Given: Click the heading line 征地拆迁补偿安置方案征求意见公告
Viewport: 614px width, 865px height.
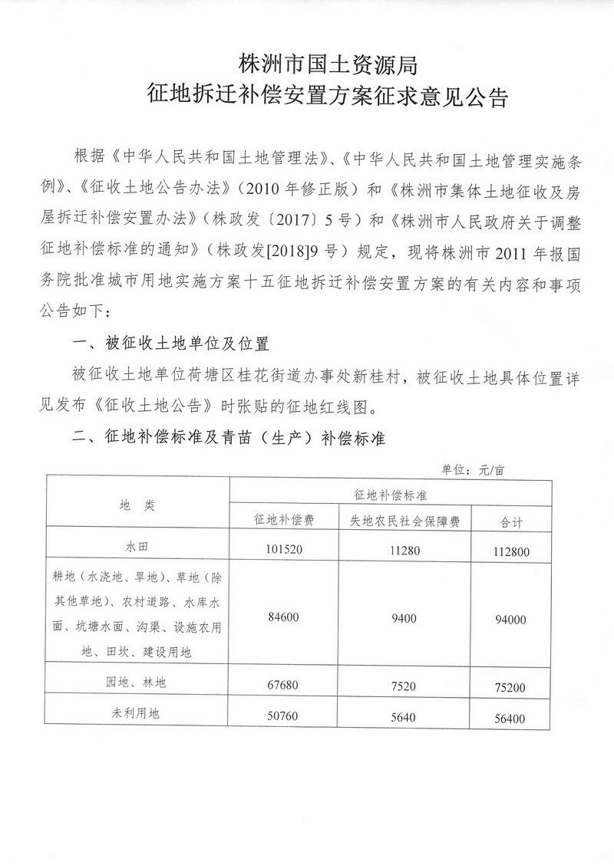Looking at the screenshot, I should click(328, 98).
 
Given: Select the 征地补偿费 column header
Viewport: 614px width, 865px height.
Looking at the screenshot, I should click(284, 520).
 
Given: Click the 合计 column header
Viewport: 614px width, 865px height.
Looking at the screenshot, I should click(511, 521).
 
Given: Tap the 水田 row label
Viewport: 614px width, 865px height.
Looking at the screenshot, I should click(138, 550).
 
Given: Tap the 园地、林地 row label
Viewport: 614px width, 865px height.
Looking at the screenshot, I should click(138, 681).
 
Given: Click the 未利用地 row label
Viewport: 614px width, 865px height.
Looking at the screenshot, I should click(138, 713).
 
